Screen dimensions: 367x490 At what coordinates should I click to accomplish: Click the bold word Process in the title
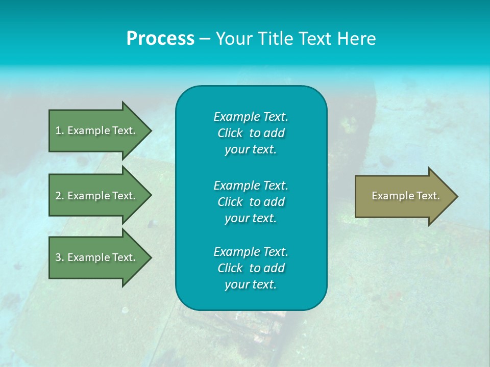coord(160,39)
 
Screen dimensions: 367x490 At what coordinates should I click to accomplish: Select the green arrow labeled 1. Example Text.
coord(97,130)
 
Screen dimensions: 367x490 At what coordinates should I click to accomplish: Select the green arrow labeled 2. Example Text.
coord(97,196)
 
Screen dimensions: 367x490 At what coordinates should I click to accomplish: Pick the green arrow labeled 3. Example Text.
coord(97,257)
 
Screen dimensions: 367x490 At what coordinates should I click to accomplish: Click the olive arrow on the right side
coord(403,196)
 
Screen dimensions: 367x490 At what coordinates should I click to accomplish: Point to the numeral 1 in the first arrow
coord(58,130)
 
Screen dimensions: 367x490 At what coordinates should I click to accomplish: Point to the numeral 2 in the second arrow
coord(58,196)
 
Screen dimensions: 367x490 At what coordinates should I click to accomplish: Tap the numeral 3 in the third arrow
coord(58,257)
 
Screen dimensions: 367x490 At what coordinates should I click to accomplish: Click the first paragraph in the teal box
coord(251,133)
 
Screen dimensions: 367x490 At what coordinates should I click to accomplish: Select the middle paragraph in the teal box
coord(251,202)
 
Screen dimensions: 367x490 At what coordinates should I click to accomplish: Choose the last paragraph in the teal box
coord(251,268)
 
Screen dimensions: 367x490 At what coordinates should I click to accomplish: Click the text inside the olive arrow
coord(405,196)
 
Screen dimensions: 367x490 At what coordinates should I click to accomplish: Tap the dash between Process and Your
coord(205,39)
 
